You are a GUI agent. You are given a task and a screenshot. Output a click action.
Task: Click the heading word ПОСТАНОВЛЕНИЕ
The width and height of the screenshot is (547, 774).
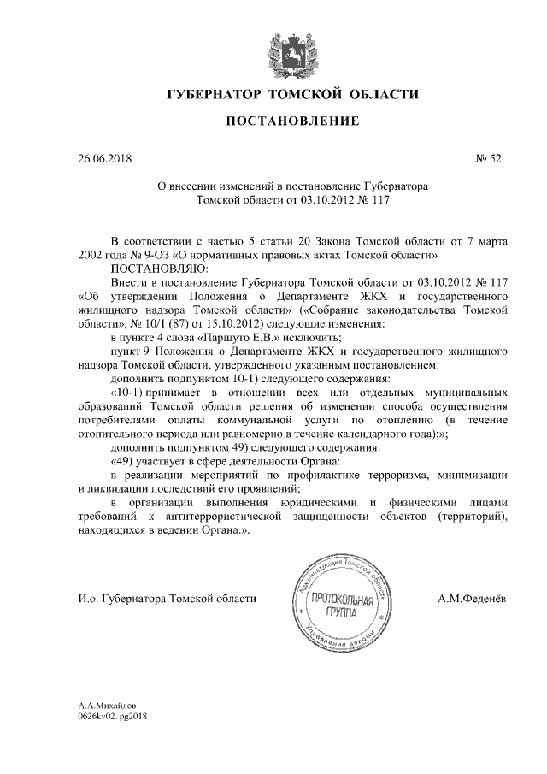291,124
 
